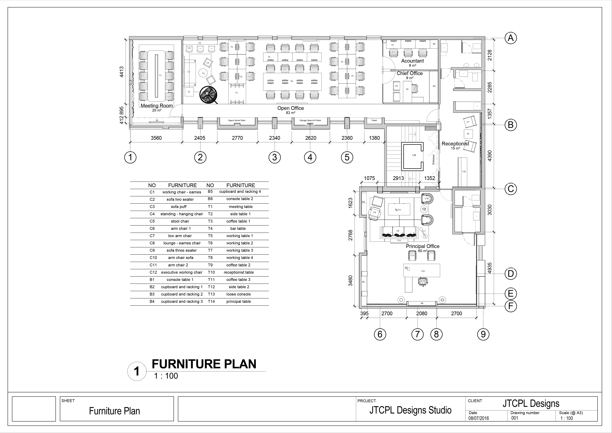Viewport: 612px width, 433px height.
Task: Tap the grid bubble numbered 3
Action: pyautogui.click(x=275, y=157)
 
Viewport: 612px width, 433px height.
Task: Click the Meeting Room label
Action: pyautogui.click(x=157, y=106)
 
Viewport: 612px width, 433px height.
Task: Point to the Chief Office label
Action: pyautogui.click(x=410, y=73)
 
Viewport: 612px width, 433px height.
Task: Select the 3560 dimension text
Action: pyautogui.click(x=156, y=138)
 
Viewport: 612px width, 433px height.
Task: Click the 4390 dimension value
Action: pyautogui.click(x=489, y=156)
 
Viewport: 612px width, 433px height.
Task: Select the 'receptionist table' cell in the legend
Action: pyautogui.click(x=239, y=272)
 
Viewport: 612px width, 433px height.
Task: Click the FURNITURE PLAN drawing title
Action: pyautogui.click(x=204, y=364)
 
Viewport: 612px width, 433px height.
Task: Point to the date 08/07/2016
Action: pyautogui.click(x=479, y=418)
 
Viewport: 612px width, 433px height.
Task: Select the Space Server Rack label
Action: pyautogui.click(x=237, y=120)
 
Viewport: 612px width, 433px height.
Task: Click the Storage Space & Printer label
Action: pyautogui.click(x=310, y=120)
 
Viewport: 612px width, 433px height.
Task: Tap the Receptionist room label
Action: pyautogui.click(x=455, y=144)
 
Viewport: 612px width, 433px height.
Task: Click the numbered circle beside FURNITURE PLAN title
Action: pyautogui.click(x=137, y=371)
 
